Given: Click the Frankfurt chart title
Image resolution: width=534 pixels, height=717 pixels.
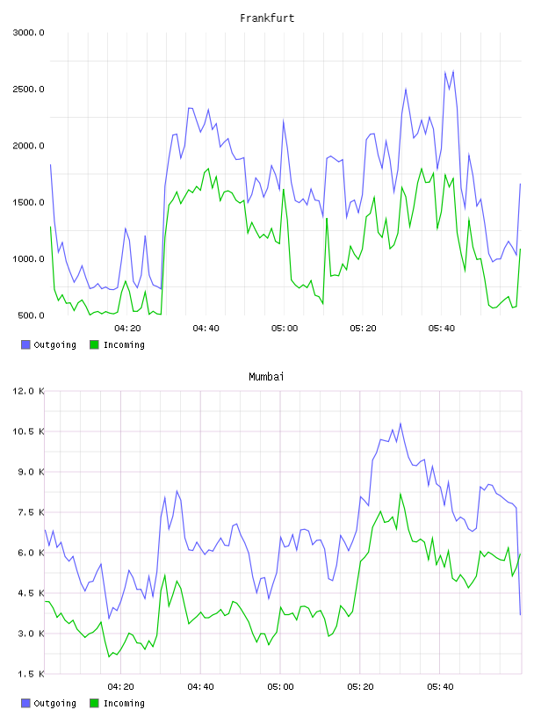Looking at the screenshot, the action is (x=267, y=18).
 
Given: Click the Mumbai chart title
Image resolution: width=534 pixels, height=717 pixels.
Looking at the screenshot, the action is (x=266, y=377).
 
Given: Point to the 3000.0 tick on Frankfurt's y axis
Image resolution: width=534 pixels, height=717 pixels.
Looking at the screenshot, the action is (x=28, y=33).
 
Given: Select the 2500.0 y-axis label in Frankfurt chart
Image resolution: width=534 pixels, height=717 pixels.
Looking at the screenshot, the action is (x=28, y=89).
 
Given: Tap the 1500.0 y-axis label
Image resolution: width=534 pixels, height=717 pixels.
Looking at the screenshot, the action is (x=28, y=203).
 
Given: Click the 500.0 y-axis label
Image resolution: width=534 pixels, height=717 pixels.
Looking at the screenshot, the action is (x=31, y=315).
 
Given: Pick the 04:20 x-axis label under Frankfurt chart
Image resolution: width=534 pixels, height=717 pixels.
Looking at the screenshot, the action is (x=127, y=329).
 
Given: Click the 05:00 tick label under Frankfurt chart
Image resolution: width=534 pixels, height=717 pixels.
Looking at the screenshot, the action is (x=285, y=329).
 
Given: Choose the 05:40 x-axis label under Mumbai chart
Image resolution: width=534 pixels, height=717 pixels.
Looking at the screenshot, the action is (x=440, y=687).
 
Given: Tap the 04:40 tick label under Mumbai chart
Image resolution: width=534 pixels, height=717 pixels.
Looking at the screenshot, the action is (x=201, y=687).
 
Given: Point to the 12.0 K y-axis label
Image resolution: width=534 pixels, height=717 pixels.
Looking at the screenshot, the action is (x=28, y=391).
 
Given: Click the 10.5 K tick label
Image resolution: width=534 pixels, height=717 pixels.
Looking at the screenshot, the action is (x=28, y=431).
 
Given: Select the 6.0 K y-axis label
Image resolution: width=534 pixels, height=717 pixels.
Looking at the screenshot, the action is (x=31, y=553).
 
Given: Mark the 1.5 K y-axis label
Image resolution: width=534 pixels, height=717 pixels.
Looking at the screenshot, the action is (x=31, y=674).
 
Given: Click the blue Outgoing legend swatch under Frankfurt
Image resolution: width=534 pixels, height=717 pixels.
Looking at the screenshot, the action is (x=25, y=344).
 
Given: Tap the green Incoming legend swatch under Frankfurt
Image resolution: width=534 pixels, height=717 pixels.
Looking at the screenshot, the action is (x=94, y=344).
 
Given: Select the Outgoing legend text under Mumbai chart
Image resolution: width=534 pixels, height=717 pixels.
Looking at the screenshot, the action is (x=54, y=703).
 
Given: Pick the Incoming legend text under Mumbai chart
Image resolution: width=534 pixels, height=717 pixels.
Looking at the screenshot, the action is (x=124, y=703).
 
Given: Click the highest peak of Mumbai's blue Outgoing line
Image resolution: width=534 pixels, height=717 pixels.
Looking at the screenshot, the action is (x=400, y=424).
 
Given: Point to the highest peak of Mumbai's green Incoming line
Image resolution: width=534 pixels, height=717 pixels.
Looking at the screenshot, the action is (x=400, y=494).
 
